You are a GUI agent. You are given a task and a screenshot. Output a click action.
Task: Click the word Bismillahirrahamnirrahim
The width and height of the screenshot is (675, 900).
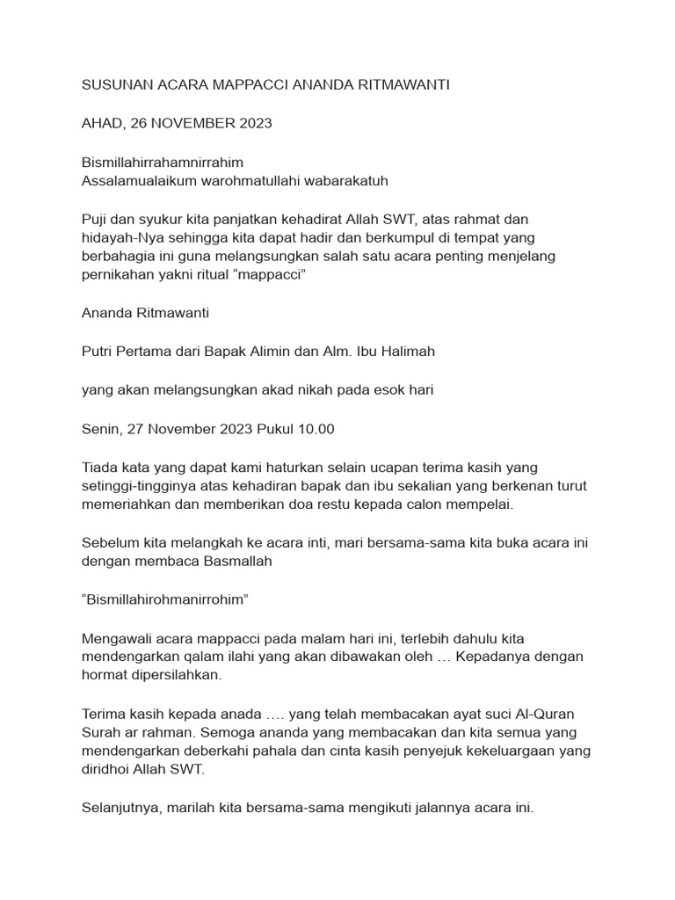point(163,163)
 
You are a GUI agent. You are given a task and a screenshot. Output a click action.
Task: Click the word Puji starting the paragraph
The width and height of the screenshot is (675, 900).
point(94,219)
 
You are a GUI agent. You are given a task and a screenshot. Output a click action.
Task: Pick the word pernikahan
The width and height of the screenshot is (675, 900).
point(116,276)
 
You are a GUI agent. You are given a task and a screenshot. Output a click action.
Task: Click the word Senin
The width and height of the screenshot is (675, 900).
point(100,429)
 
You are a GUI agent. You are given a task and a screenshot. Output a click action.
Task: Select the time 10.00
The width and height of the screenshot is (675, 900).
point(316,429)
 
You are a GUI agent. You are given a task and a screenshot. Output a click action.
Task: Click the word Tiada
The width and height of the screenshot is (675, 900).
point(99,467)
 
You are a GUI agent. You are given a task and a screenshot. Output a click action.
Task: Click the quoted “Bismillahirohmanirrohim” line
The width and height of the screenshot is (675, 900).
point(165,599)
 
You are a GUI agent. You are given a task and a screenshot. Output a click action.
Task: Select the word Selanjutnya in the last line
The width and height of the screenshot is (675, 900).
point(120,808)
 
